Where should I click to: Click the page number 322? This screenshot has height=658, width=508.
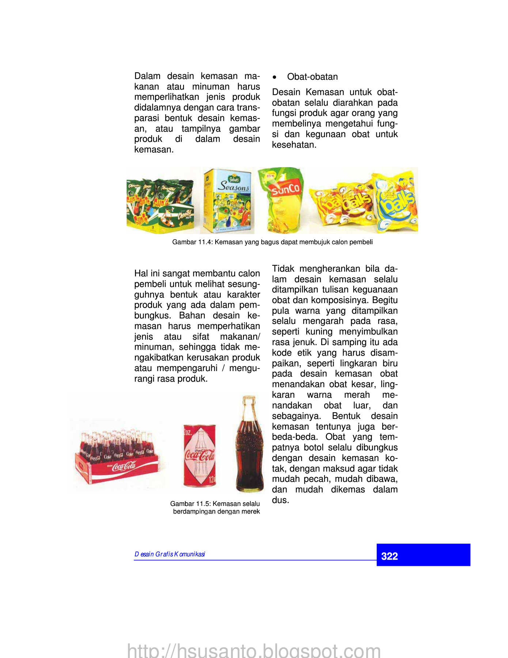pyautogui.click(x=389, y=556)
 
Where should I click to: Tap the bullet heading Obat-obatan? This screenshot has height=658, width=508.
pyautogui.click(x=312, y=77)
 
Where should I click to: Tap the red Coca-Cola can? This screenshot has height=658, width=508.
pyautogui.click(x=200, y=455)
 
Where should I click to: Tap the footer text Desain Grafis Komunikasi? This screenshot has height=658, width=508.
pyautogui.click(x=170, y=554)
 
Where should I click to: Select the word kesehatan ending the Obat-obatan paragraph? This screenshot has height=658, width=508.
pyautogui.click(x=294, y=145)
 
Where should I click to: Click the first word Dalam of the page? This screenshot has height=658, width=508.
pyautogui.click(x=147, y=76)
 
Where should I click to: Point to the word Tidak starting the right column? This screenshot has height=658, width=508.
pyautogui.click(x=283, y=269)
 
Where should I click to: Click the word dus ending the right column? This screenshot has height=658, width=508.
pyautogui.click(x=280, y=500)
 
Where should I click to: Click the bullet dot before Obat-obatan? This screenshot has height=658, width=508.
pyautogui.click(x=274, y=77)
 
